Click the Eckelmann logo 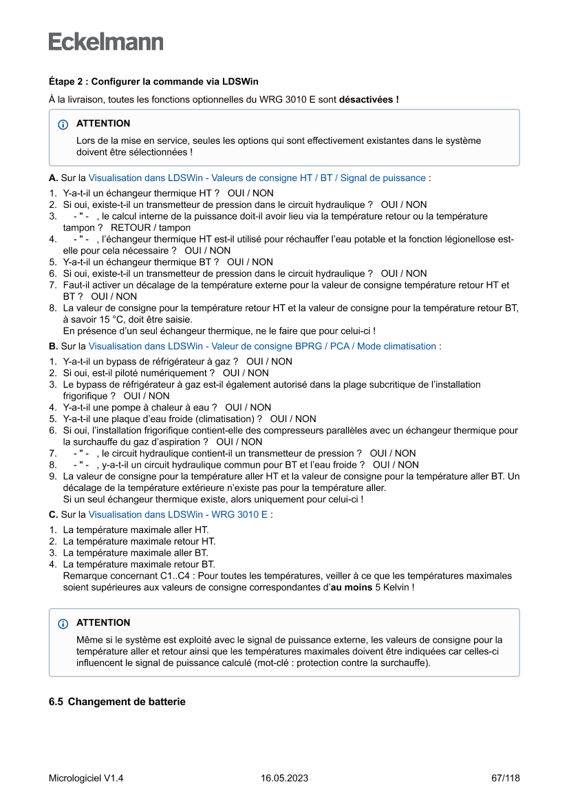pos(106,41)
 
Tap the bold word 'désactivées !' pos(369,100)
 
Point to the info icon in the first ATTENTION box pos(63,125)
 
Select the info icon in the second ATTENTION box pos(63,623)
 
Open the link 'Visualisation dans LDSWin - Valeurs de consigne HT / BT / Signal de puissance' pos(257,178)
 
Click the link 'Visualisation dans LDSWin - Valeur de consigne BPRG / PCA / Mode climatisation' pos(262,346)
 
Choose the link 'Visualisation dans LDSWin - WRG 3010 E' pos(178,514)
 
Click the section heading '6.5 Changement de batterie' pos(117,702)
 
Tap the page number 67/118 pos(506,778)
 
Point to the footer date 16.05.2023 pos(284,778)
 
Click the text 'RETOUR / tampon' pos(151,227)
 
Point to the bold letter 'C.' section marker pos(53,514)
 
